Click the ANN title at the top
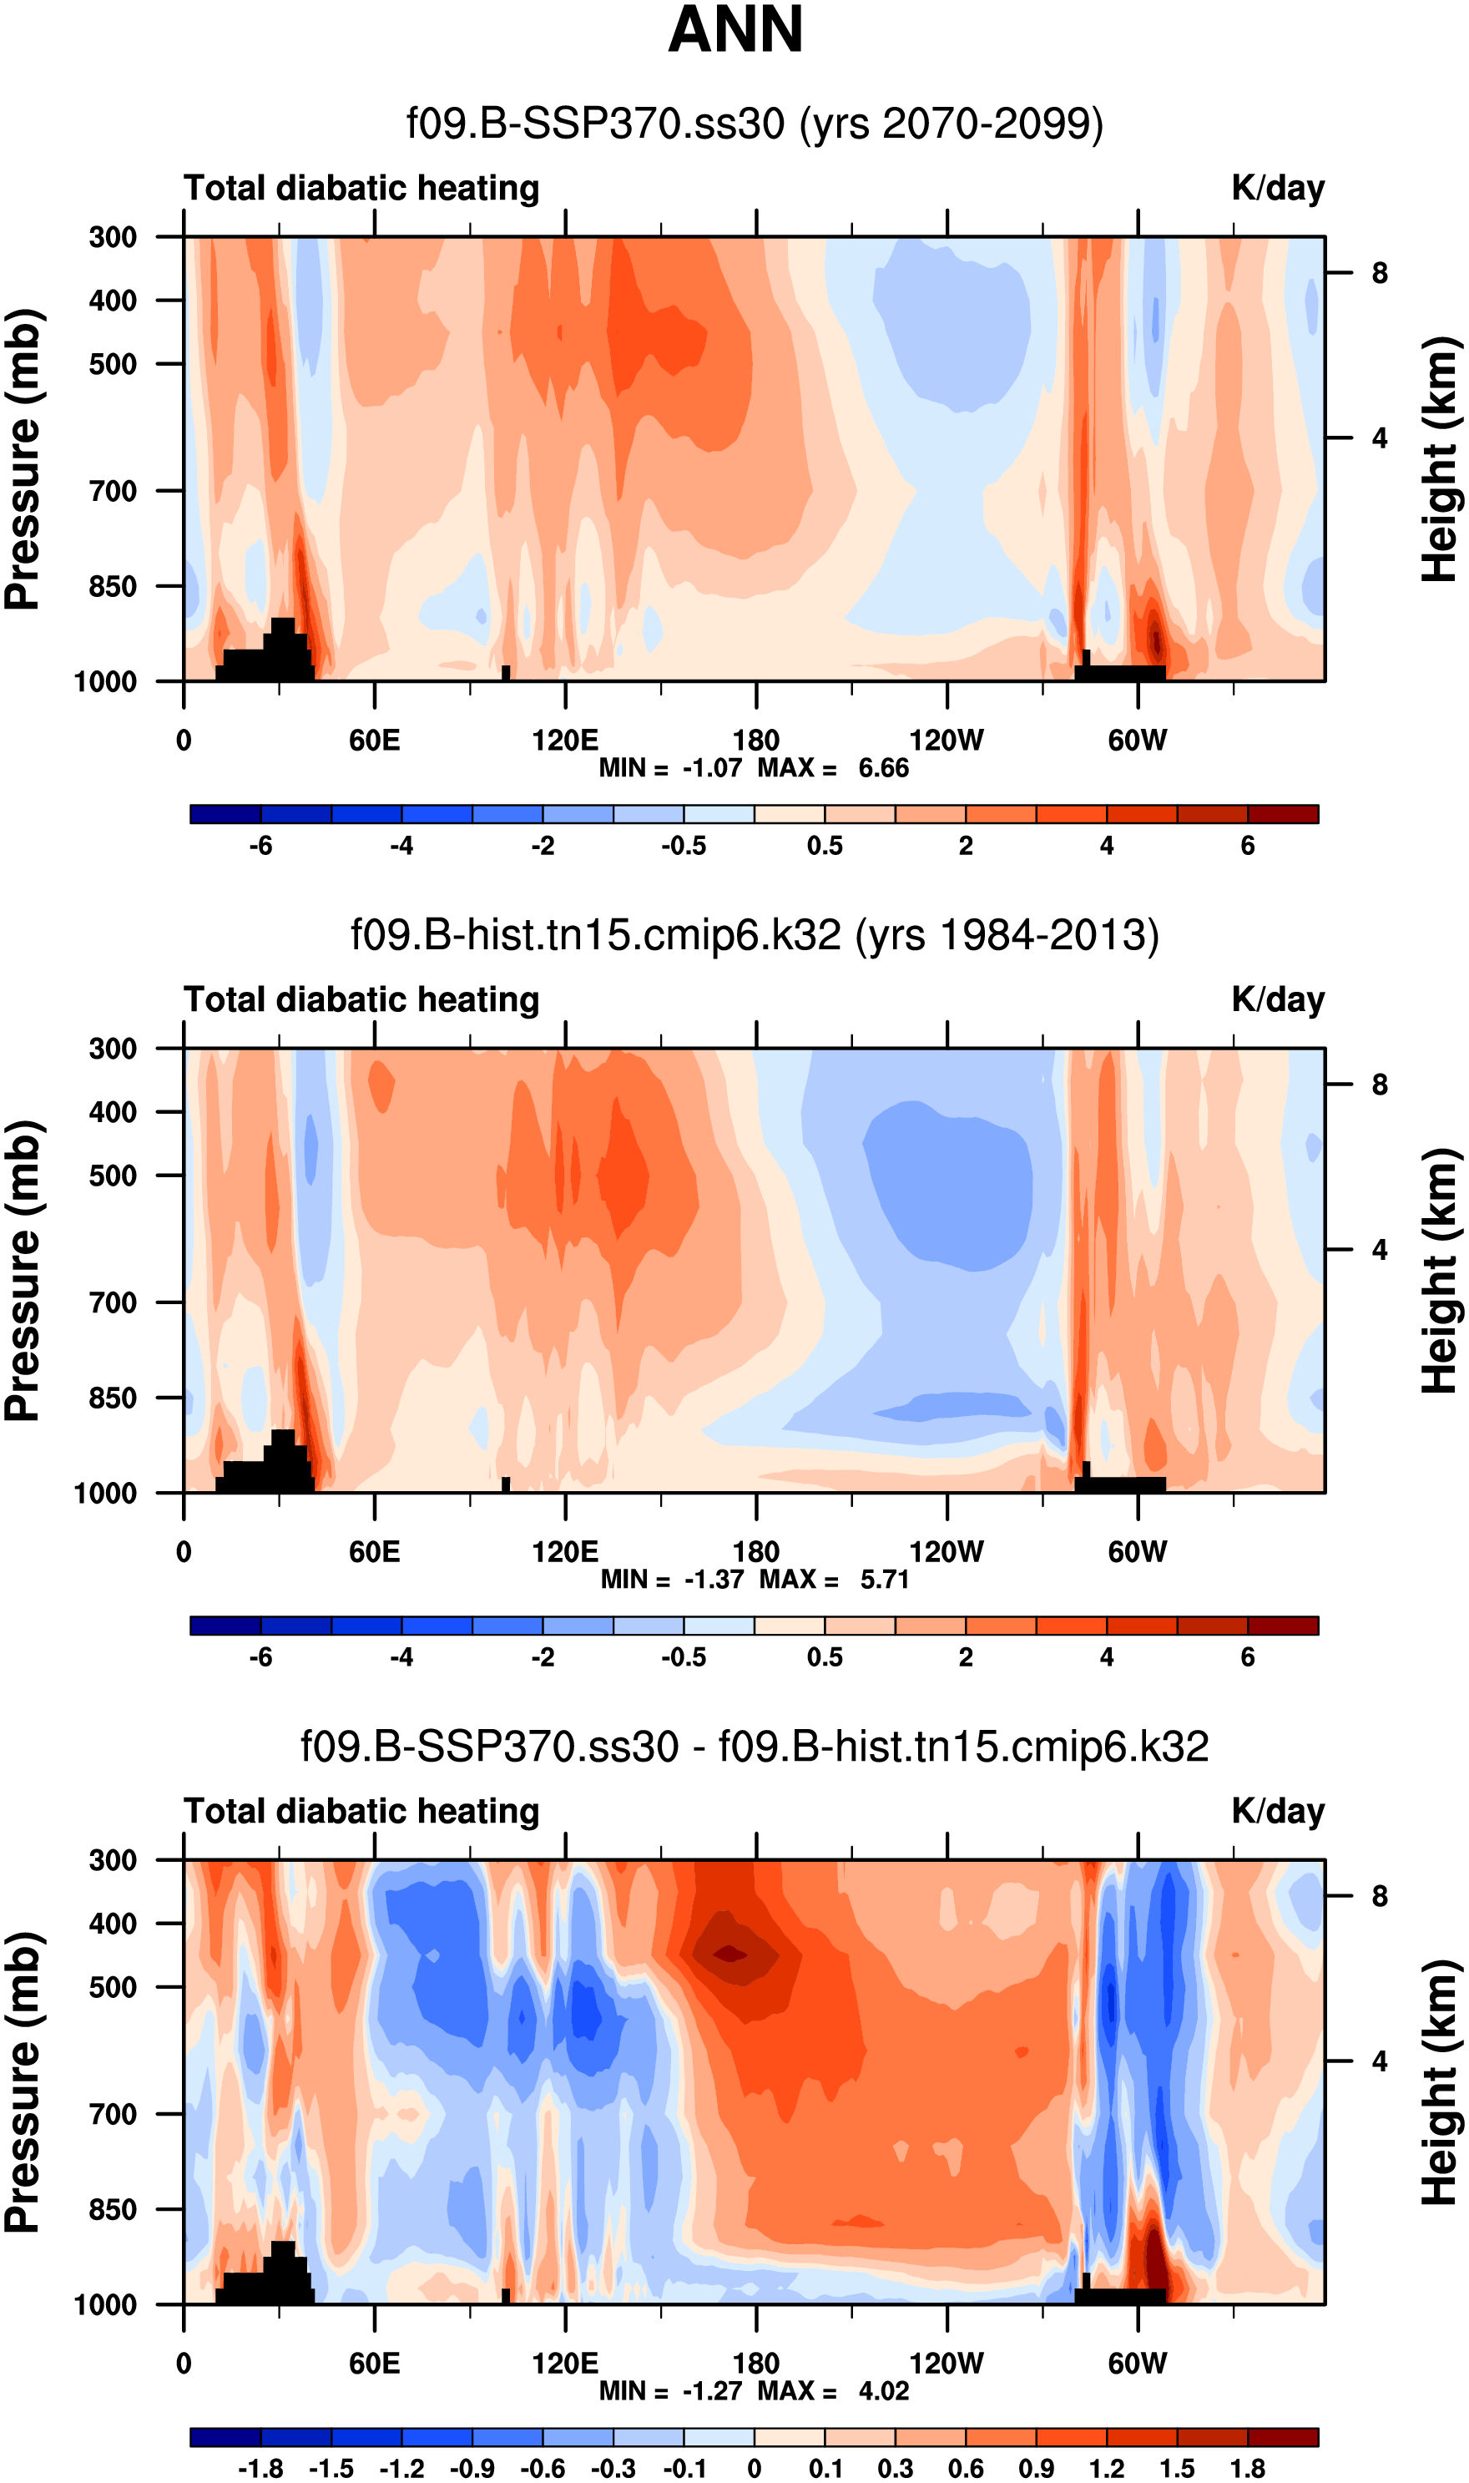click(x=734, y=30)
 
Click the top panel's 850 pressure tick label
click(x=113, y=586)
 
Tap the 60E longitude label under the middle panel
click(x=374, y=1551)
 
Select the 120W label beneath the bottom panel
click(x=947, y=2364)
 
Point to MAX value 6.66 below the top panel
click(x=883, y=768)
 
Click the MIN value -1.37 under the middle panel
click(x=713, y=1579)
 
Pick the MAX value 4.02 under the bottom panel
click(x=883, y=2391)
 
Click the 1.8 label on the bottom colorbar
click(x=1247, y=2468)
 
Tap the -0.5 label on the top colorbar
click(x=683, y=846)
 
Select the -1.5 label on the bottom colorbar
click(x=331, y=2468)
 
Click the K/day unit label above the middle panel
click(x=1277, y=1000)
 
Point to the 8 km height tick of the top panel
click(x=1379, y=273)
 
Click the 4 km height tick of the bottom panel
click(x=1379, y=2061)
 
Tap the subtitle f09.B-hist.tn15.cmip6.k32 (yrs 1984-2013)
click(x=755, y=934)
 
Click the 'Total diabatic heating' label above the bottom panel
click(x=361, y=1811)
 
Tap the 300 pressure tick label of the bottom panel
click(x=113, y=1860)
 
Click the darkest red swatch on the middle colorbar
click(x=1283, y=1626)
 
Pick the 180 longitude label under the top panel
click(x=755, y=741)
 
